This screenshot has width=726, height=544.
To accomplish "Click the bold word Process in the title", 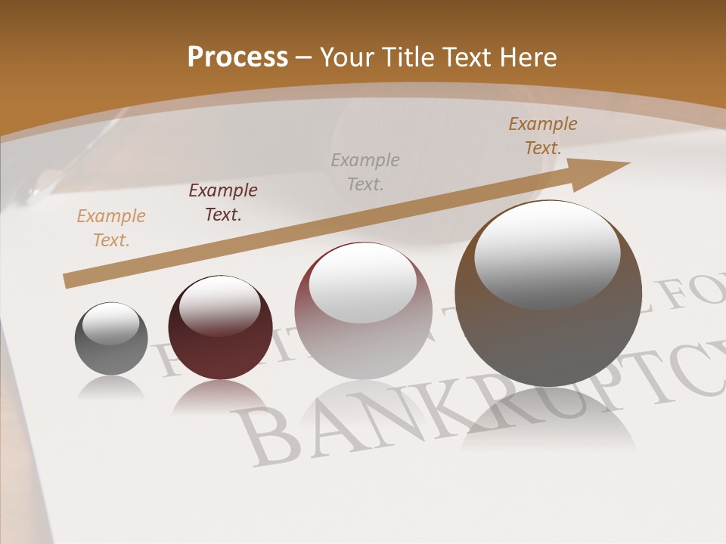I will pos(237,57).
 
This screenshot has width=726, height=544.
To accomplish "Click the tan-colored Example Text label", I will pos(110,228).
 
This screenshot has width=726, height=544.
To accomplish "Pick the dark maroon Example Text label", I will pos(222,202).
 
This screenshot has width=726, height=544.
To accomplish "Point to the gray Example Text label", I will pos(365,172).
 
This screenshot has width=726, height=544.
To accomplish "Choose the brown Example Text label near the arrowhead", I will pos(542,136).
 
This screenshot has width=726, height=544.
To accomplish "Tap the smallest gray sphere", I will pos(111,338).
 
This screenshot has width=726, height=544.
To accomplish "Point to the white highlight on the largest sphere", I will pos(547,253).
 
